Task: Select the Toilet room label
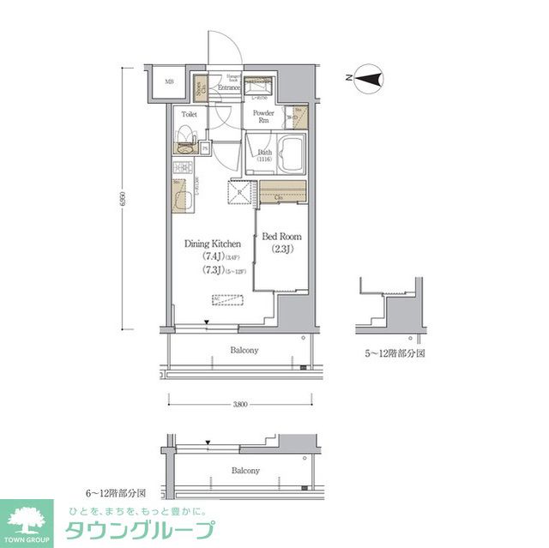coord(190,113)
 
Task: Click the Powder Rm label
coord(262,117)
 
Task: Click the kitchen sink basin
coord(183,197)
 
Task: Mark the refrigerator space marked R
coord(239,194)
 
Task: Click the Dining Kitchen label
coord(212,244)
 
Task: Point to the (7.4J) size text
coord(213,256)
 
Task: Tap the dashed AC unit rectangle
coord(228,299)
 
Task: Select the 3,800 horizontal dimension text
coord(239,403)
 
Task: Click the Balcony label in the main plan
coord(244,350)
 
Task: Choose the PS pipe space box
coord(206,148)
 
